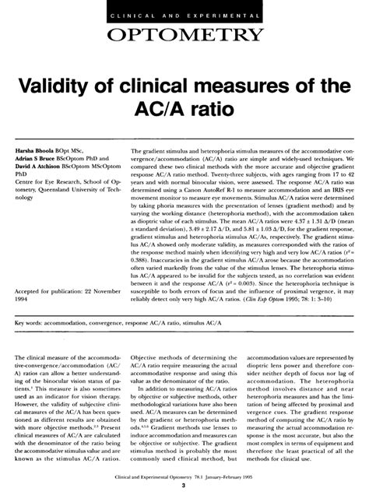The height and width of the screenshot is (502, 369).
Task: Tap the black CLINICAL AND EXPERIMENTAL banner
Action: click(x=184, y=11)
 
